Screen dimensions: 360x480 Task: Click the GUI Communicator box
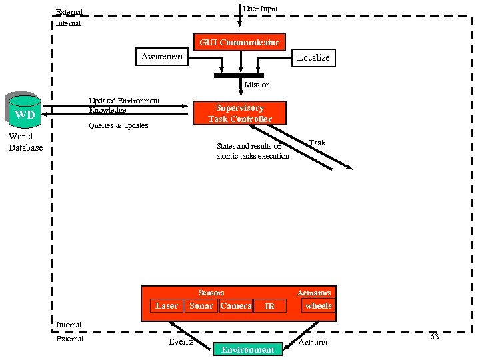coord(239,42)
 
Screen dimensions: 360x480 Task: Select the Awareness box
coord(161,57)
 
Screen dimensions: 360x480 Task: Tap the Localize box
coord(313,57)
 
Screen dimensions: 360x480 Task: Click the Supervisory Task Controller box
coord(239,113)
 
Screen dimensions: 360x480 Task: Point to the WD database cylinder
coord(25,113)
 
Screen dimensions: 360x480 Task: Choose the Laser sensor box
coord(166,305)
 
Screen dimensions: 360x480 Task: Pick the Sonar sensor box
coord(201,305)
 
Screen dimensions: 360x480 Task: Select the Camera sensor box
coord(236,305)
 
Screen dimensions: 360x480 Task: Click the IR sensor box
coord(269,306)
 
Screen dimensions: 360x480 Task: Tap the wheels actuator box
coord(318,305)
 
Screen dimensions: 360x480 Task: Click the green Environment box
coord(247,349)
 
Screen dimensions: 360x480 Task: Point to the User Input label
coord(260,9)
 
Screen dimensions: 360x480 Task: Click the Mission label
coord(257,85)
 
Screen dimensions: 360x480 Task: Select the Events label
coord(181,342)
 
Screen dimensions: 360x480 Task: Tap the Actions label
coord(312,342)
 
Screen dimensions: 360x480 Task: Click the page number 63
coord(434,337)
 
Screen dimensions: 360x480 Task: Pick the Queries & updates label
coord(119,125)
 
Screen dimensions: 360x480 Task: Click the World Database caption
coord(25,142)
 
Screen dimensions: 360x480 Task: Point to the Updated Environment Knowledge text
coord(124,105)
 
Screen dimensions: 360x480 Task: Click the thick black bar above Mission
coord(239,75)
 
